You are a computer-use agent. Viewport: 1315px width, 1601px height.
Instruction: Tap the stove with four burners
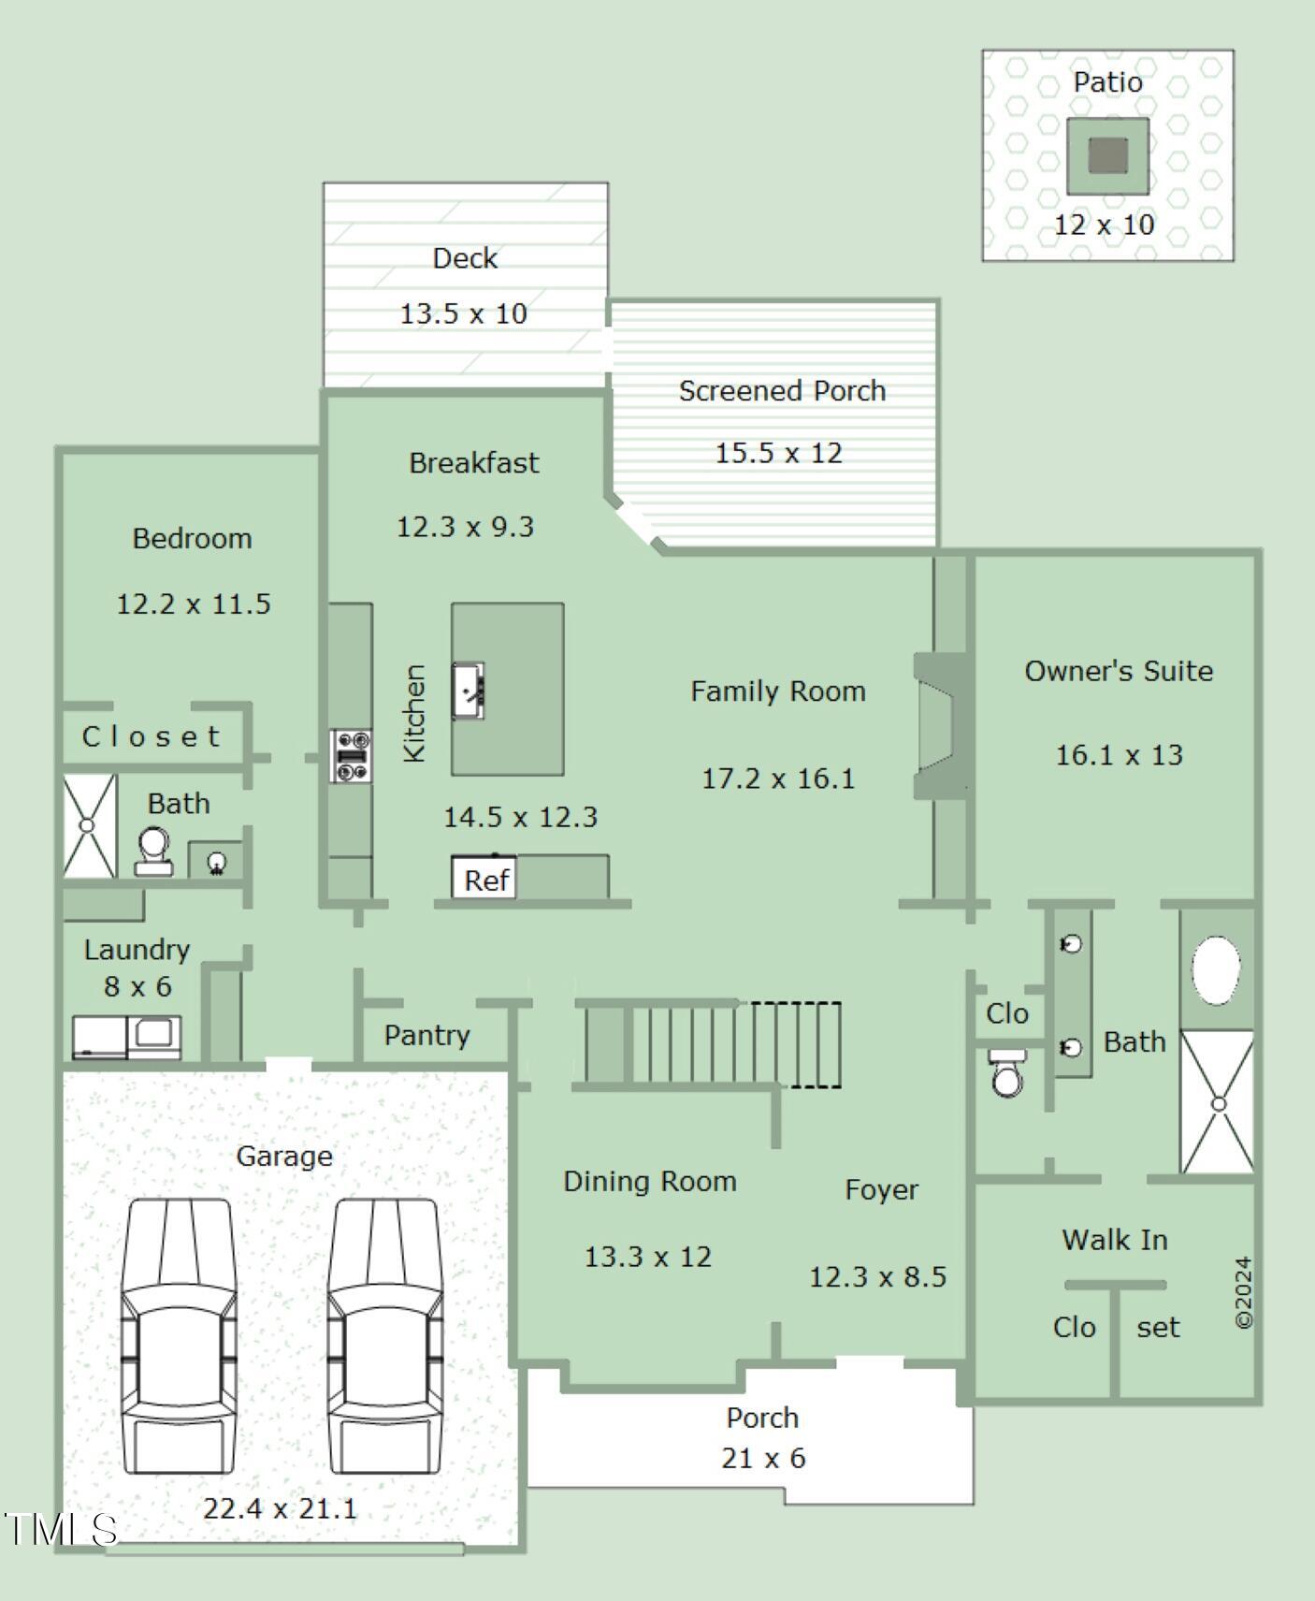[352, 756]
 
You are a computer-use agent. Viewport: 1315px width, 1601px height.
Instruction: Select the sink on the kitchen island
[469, 691]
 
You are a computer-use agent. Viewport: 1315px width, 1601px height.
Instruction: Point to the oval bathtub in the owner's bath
[1216, 969]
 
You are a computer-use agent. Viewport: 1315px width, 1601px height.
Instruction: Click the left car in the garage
[179, 1335]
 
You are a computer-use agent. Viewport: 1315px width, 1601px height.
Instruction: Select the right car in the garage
[384, 1335]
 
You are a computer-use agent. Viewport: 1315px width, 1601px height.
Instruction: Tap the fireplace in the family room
[941, 725]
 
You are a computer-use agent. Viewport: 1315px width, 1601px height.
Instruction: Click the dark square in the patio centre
[1108, 156]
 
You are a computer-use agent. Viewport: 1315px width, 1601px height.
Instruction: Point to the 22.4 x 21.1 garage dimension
[281, 1508]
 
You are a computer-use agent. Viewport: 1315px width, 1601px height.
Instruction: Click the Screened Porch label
[782, 390]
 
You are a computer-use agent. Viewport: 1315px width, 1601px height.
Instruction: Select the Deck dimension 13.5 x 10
[464, 313]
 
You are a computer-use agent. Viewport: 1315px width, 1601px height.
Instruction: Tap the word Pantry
[426, 1035]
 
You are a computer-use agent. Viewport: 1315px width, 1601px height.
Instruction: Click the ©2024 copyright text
[1243, 1292]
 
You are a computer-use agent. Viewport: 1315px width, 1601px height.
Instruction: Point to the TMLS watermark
[60, 1529]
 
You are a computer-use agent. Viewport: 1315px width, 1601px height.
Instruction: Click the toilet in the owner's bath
[1007, 1072]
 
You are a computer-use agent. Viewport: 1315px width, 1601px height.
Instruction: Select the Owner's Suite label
[1119, 671]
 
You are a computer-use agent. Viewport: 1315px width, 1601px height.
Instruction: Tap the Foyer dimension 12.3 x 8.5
[877, 1276]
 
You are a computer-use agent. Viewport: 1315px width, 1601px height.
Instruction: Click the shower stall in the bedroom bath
[90, 825]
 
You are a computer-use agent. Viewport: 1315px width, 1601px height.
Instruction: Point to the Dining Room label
[650, 1182]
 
